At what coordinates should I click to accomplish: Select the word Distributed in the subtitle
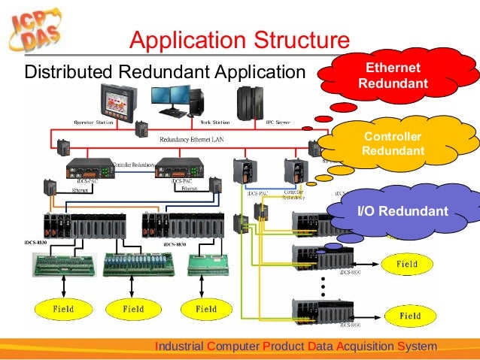click(68, 72)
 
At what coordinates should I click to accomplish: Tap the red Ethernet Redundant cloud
click(388, 75)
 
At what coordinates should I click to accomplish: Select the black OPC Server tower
click(248, 99)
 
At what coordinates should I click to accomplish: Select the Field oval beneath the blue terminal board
click(132, 309)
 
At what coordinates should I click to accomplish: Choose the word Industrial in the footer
click(178, 346)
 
